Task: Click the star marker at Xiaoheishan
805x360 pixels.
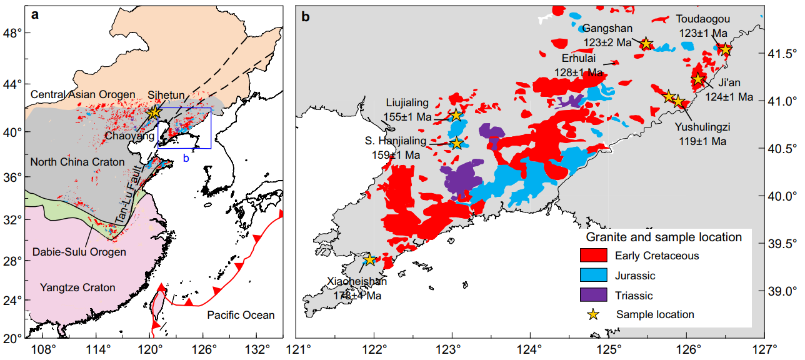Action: pyautogui.click(x=369, y=259)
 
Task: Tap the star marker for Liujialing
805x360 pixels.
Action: pyautogui.click(x=456, y=115)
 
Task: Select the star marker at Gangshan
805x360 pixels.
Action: pyautogui.click(x=646, y=44)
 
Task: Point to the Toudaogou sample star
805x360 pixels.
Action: pyautogui.click(x=725, y=49)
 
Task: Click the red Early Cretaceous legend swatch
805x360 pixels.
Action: pyautogui.click(x=594, y=255)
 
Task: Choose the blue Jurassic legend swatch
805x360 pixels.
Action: pyautogui.click(x=594, y=276)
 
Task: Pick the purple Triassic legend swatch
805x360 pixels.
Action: pyautogui.click(x=594, y=296)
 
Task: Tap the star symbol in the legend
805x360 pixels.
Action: pyautogui.click(x=593, y=314)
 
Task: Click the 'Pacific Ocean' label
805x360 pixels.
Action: pyautogui.click(x=241, y=315)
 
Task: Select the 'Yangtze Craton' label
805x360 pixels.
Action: pyautogui.click(x=77, y=287)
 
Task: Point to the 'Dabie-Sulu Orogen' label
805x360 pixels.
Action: pyautogui.click(x=79, y=252)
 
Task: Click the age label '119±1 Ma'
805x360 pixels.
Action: pyautogui.click(x=703, y=142)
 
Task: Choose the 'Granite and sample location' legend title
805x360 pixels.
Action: pyautogui.click(x=664, y=237)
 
